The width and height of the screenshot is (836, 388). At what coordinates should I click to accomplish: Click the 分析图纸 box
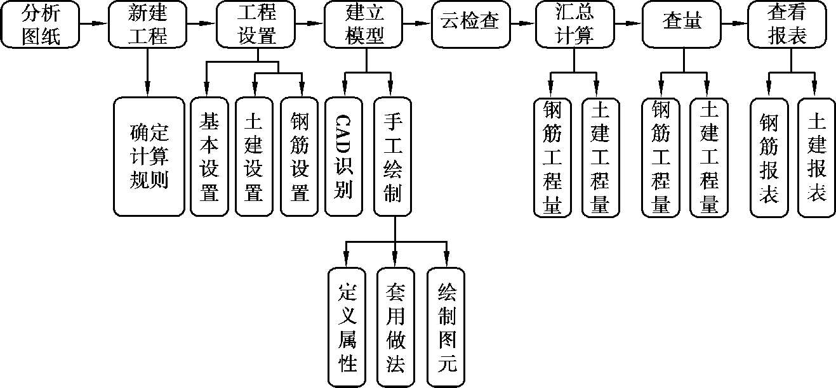[41, 24]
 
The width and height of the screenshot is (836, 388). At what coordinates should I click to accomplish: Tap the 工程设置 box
[256, 24]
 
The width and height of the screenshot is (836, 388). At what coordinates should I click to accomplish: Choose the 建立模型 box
[365, 24]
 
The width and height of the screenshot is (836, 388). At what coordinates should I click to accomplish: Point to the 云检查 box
[470, 24]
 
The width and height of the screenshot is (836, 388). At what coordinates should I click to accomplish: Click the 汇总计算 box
[574, 24]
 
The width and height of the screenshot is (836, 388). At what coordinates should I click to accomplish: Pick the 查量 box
[682, 24]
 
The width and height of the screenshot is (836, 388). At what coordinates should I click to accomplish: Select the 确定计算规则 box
[149, 156]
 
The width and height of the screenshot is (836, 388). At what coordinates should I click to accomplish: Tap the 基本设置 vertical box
[209, 156]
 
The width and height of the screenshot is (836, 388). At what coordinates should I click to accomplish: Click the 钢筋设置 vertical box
[300, 156]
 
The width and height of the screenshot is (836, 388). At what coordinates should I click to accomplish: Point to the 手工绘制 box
[392, 156]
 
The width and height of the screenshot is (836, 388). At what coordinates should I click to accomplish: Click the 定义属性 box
[347, 327]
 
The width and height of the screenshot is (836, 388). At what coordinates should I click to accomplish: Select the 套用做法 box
[395, 327]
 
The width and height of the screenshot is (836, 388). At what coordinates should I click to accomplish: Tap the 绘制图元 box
[446, 327]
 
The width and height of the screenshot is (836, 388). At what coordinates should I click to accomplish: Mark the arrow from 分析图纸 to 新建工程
[95, 24]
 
